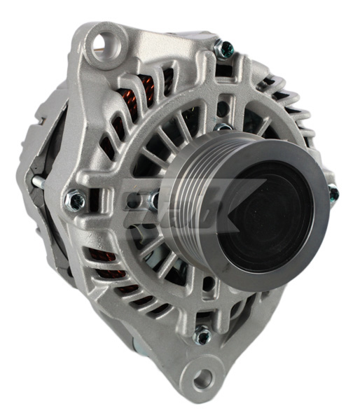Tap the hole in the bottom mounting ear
tap(203, 379)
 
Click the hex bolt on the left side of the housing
tap(76, 202)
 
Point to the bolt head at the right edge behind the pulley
tap(333, 193)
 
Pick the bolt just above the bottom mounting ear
tap(202, 337)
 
